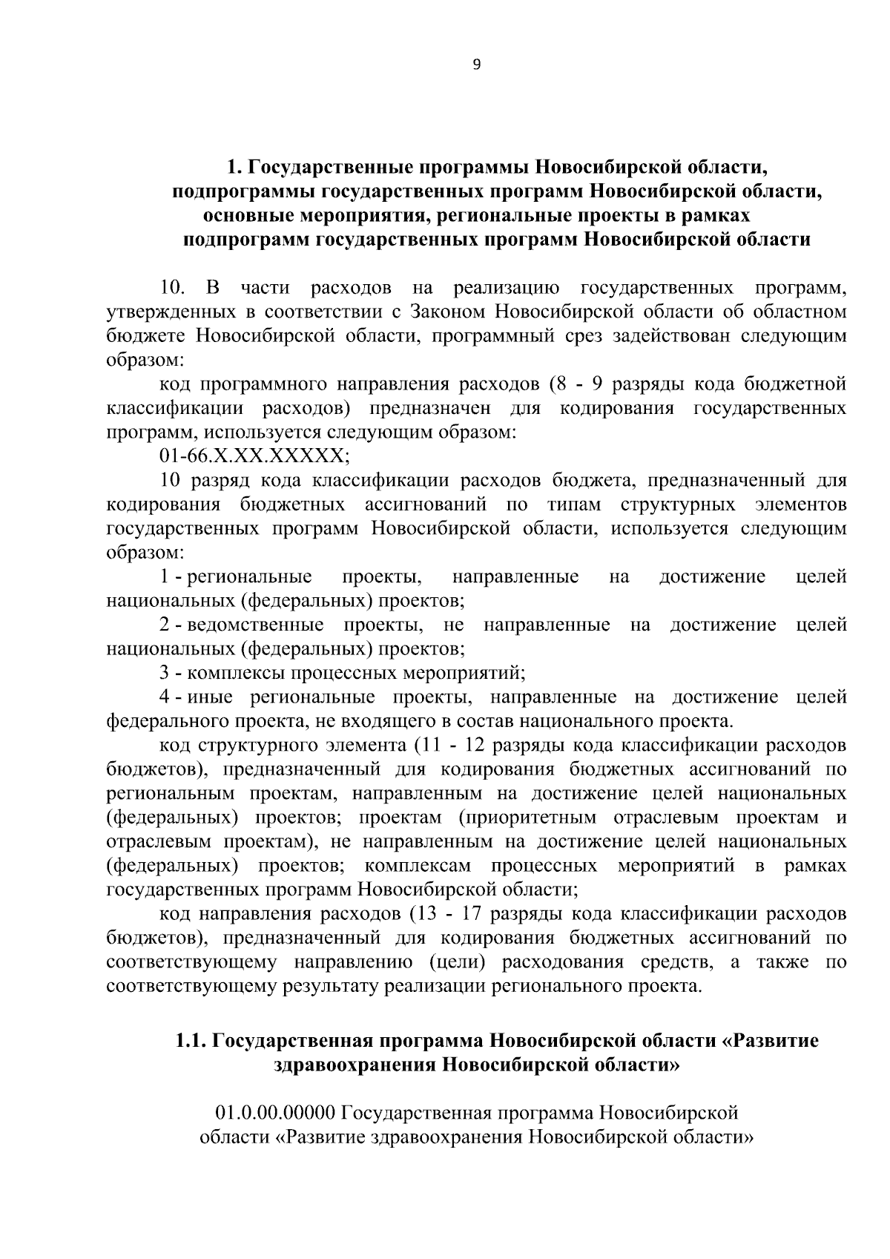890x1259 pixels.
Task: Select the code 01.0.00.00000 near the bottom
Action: [276, 1113]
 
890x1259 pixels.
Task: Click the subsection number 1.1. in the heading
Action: [191, 1041]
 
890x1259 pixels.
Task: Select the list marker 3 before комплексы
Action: [165, 674]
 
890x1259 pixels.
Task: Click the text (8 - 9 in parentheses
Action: [578, 384]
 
